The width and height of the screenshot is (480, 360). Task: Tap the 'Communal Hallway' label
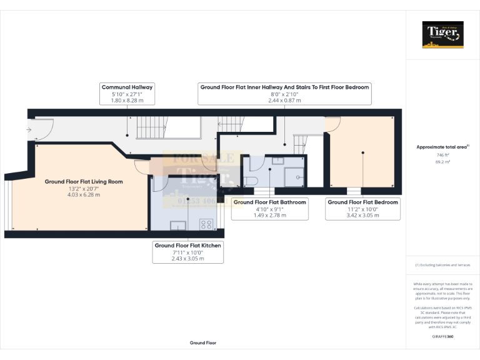click(127, 87)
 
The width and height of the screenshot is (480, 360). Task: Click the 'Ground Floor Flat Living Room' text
click(84, 182)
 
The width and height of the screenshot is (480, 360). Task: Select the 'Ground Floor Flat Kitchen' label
click(187, 246)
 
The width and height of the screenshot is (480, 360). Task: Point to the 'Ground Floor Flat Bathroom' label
click(269, 202)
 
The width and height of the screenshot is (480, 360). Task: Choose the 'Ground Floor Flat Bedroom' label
click(362, 202)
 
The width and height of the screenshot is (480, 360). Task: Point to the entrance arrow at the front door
click(28, 129)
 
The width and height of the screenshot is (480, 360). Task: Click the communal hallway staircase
click(150, 127)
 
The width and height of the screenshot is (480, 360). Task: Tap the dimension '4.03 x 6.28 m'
click(84, 195)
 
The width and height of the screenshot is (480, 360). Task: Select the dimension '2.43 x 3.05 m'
click(187, 259)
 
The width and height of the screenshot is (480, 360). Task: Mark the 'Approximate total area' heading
click(441, 147)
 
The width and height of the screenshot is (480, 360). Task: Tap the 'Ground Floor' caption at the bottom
click(203, 343)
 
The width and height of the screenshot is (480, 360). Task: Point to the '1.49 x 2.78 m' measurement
click(269, 216)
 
